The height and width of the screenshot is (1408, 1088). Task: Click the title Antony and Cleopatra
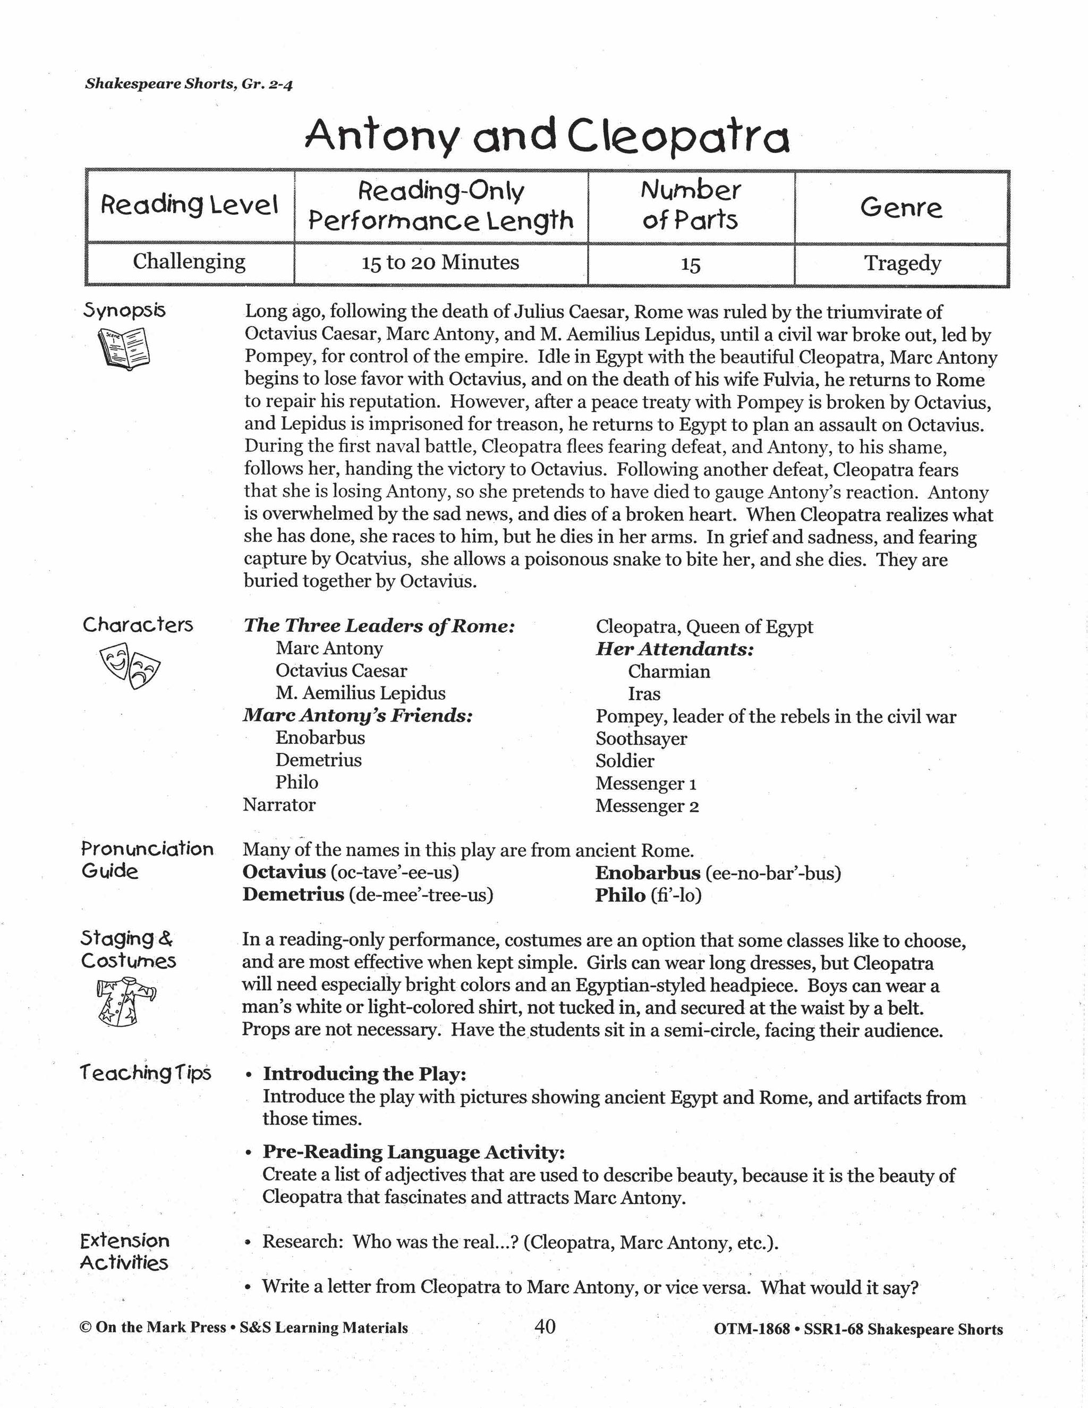[x=547, y=137]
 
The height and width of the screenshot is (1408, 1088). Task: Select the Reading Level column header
[x=190, y=206]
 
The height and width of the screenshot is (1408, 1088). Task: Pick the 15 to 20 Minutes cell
[x=440, y=262]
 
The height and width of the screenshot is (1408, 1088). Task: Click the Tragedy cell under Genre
[x=903, y=263]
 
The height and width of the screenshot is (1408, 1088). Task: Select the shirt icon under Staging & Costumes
[x=126, y=1000]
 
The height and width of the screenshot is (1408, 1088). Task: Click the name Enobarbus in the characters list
[x=320, y=737]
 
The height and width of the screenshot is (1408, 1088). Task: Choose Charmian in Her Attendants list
[x=669, y=671]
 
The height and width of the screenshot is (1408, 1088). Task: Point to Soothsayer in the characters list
[x=641, y=739]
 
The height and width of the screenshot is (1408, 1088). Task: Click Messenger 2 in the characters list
[x=647, y=806]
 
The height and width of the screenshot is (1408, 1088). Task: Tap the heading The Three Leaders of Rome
[x=379, y=625]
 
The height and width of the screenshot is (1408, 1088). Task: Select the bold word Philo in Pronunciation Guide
[x=620, y=895]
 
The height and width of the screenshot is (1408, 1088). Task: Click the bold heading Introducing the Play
[x=364, y=1074]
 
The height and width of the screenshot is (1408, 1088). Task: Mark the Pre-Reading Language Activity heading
[x=413, y=1152]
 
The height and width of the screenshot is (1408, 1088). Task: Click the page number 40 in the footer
[x=545, y=1327]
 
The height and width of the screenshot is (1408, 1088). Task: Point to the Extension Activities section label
[x=124, y=1251]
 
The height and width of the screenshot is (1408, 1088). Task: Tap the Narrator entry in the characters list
[x=279, y=804]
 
